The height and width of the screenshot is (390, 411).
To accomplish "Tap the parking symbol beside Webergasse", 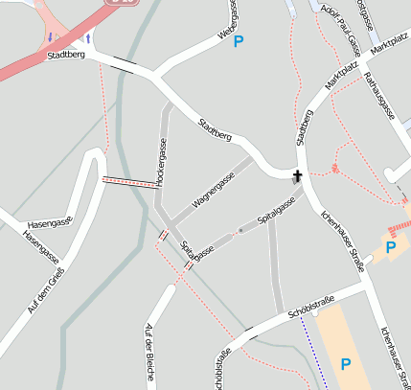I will (239, 41).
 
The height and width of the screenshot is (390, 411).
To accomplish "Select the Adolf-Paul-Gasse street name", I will (341, 30).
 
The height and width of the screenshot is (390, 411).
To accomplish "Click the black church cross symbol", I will (297, 176).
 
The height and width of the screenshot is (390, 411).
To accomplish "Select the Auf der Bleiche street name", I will (148, 352).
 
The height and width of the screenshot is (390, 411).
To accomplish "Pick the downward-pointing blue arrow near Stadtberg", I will (51, 38).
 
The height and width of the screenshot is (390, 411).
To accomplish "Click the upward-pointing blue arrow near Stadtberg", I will (88, 38).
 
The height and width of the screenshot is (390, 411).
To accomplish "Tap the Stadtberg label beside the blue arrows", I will (65, 57).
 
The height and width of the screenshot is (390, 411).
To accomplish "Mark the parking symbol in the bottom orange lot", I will (345, 364).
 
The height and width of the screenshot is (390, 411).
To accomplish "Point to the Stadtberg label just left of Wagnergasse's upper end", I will (214, 130).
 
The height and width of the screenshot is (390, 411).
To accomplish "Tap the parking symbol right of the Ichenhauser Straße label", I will (390, 247).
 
